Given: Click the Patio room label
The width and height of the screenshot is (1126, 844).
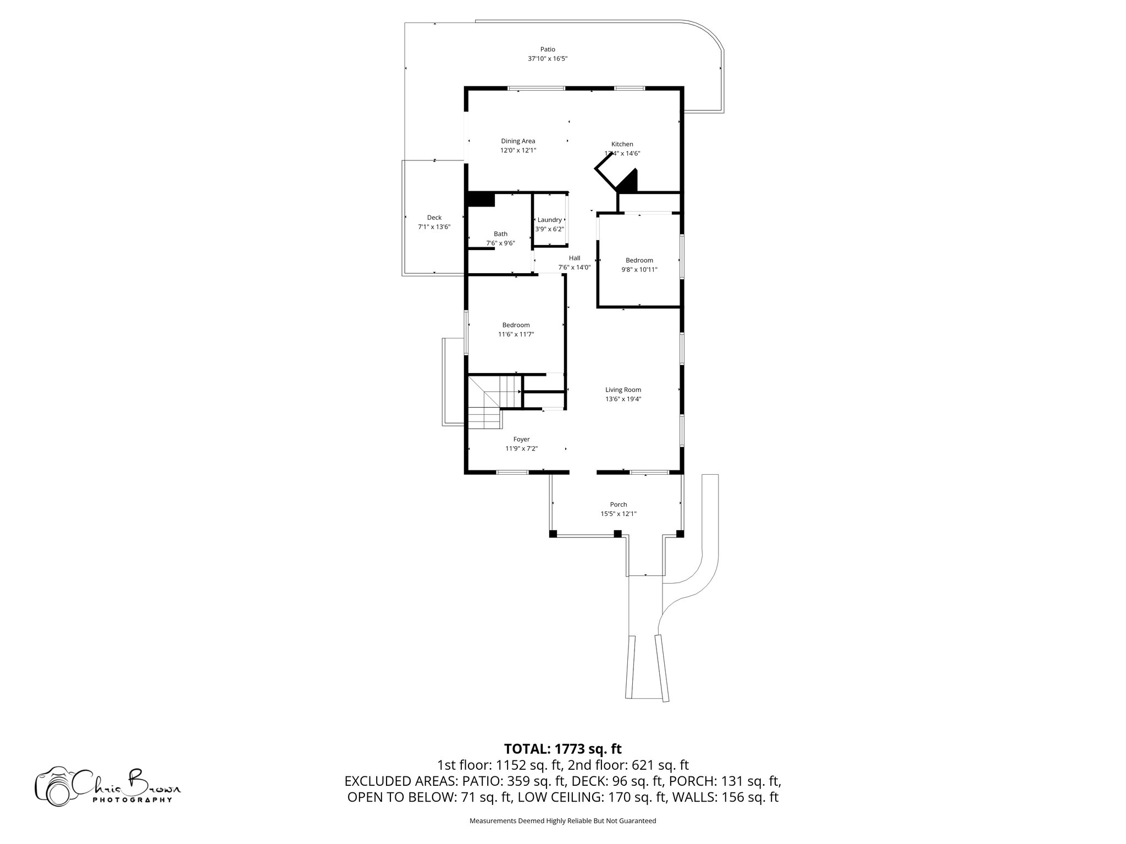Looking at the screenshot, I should coord(547,49).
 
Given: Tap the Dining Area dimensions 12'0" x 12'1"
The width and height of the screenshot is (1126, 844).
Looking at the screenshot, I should coord(518,151).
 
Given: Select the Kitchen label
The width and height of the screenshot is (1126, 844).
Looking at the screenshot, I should coord(622,144).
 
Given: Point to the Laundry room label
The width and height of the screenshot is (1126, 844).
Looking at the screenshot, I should coord(549,220).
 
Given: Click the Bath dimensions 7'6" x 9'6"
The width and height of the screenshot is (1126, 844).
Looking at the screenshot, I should coord(500,243).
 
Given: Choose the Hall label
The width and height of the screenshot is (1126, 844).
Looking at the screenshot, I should coord(574,258).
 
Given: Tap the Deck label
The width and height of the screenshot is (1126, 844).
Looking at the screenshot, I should coord(434,218).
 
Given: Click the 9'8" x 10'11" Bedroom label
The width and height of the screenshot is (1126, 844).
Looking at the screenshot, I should coord(639,260).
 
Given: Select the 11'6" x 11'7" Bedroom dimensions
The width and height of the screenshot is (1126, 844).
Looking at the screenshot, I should coord(516,335).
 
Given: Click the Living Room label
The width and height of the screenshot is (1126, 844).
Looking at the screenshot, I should coord(623,390).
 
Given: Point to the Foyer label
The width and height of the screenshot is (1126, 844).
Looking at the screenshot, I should coord(521,440).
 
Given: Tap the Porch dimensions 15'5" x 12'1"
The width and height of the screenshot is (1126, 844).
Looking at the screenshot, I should coord(618,514).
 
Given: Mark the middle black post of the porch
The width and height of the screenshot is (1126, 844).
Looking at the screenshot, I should coord(617,534).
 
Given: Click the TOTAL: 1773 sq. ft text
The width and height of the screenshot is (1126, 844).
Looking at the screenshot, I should coord(562,749).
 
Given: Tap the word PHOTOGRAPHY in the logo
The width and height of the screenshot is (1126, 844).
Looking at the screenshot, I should coord(132,799).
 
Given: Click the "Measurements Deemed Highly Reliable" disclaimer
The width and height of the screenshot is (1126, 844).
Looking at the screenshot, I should coord(562,821).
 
